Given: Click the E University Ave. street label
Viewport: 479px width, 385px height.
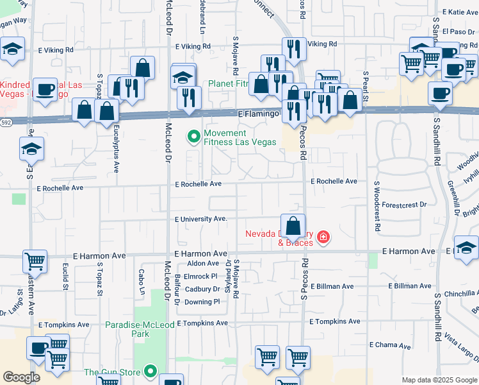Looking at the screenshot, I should (x=202, y=219).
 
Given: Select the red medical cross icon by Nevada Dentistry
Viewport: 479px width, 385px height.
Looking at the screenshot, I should (x=323, y=238).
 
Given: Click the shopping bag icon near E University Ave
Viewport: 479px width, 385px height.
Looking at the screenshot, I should (x=293, y=226).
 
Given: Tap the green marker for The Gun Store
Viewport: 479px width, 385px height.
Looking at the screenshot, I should (x=150, y=371).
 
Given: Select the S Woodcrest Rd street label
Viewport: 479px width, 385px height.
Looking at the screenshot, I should (x=377, y=205).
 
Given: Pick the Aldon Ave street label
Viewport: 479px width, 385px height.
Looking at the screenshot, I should (x=204, y=264).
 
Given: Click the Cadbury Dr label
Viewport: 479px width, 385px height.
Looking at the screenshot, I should (x=202, y=289).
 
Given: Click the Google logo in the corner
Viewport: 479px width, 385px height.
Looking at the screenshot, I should (x=21, y=377).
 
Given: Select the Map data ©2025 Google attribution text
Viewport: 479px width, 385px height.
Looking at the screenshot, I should (x=439, y=380).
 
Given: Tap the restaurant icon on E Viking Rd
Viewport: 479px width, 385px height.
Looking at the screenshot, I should (x=293, y=49).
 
